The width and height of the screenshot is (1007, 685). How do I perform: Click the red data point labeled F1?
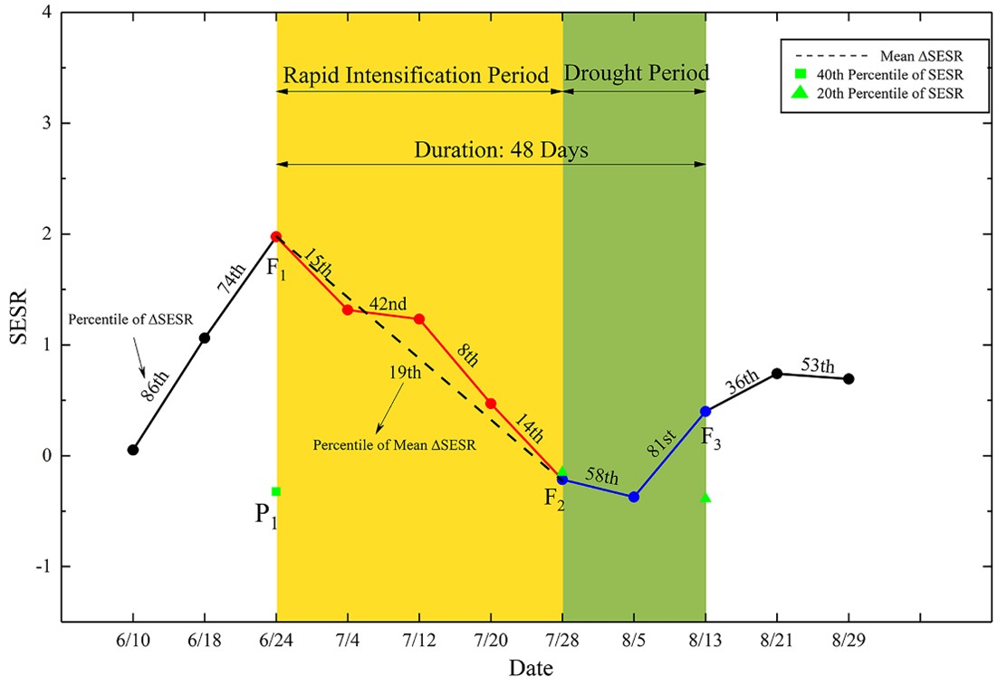tap(276, 237)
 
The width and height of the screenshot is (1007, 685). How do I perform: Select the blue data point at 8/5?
tap(634, 497)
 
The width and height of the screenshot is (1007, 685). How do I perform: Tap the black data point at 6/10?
tap(133, 450)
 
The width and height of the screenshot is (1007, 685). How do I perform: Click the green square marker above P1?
tap(276, 491)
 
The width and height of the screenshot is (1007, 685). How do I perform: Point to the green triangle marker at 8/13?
tap(705, 498)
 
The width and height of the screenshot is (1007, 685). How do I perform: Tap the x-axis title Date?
tap(531, 670)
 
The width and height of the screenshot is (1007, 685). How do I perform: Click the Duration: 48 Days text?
tap(501, 150)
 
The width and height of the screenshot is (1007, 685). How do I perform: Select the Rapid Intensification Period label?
tap(417, 75)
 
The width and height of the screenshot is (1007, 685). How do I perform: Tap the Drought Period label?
tap(636, 72)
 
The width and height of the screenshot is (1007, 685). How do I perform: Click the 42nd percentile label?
tap(388, 304)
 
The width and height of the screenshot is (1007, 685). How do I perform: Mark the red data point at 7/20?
tap(491, 404)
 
